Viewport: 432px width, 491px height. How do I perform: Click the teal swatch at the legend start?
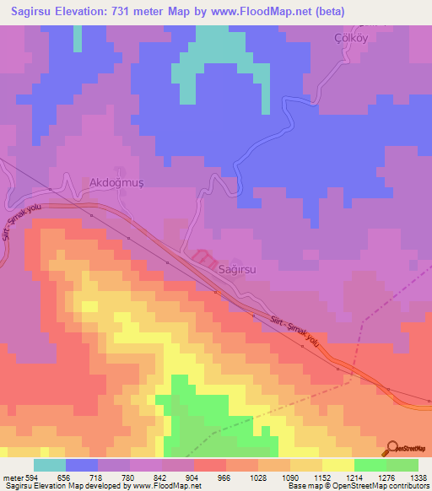click(x=49, y=465)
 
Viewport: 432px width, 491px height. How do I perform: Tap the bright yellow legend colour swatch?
click(x=337, y=465)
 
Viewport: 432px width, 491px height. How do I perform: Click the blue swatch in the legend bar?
click(x=81, y=465)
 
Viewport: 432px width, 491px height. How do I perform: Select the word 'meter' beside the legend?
click(x=9, y=478)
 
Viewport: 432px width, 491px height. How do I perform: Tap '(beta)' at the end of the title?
click(x=326, y=12)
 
